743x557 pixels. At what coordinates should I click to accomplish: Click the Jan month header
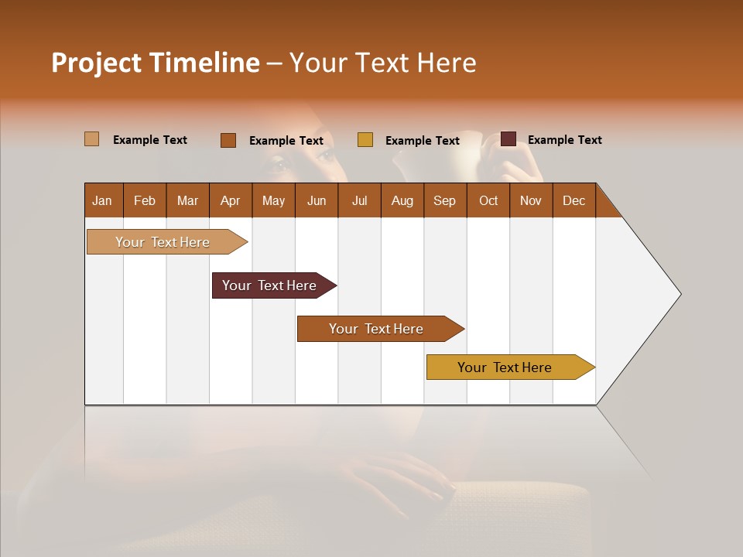[x=103, y=200]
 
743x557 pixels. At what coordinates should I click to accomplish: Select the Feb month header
[x=145, y=200]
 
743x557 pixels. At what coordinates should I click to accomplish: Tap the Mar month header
[x=187, y=200]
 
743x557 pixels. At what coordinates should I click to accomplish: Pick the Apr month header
[x=231, y=200]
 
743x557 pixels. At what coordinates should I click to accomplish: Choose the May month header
[x=273, y=200]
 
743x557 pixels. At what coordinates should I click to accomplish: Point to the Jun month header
[x=317, y=200]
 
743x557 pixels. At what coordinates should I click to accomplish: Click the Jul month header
[x=359, y=200]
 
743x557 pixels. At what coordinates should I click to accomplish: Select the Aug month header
[x=402, y=200]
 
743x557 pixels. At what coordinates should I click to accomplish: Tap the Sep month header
[x=445, y=200]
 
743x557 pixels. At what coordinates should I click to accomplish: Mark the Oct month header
[x=488, y=200]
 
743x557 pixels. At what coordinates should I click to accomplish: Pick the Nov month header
[x=531, y=200]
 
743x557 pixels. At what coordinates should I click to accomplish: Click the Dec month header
[x=574, y=200]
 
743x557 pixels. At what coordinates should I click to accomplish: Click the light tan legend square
[x=92, y=139]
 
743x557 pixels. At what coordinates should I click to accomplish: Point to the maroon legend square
[x=508, y=139]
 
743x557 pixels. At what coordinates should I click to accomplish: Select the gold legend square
[x=365, y=140]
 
